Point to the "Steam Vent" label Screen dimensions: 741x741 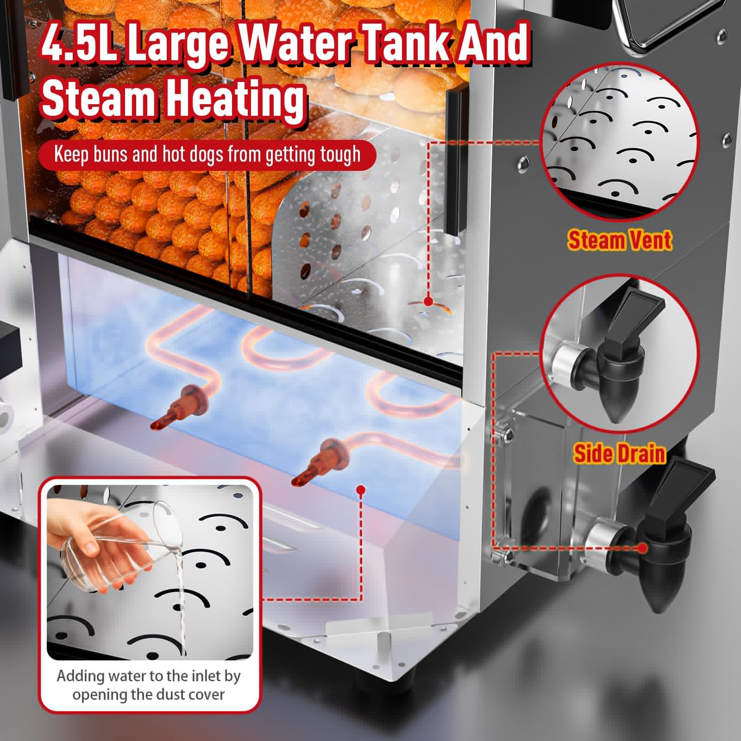[619, 240]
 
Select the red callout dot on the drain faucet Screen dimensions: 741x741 [642, 548]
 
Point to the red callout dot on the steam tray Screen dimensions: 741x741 [428, 301]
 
